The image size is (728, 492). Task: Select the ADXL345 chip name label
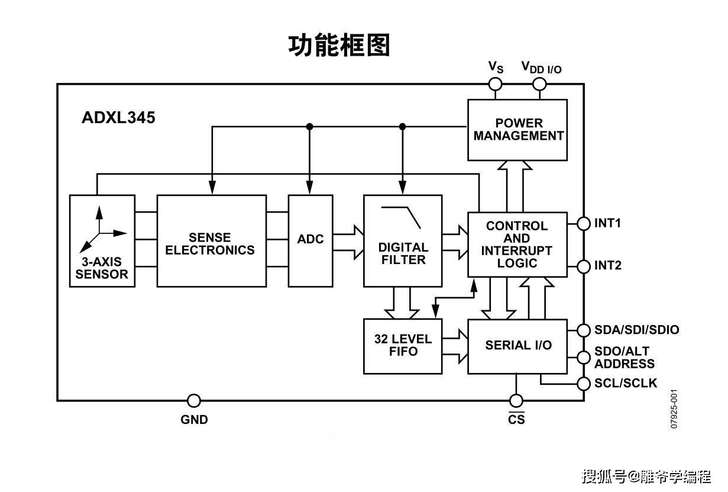(118, 118)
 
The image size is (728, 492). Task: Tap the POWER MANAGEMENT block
(517, 130)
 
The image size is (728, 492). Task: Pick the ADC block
(310, 240)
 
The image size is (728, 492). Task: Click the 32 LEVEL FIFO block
(402, 346)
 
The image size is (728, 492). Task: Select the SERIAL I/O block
(517, 346)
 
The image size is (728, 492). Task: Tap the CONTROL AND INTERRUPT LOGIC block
(517, 245)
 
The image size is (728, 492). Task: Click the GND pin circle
(193, 401)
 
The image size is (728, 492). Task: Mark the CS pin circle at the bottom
(516, 401)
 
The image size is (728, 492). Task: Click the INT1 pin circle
(584, 223)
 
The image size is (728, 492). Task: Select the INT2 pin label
(608, 266)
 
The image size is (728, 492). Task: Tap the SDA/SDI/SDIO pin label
(636, 330)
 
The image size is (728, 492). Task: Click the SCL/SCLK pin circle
(584, 384)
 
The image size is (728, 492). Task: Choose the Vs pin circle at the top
(495, 84)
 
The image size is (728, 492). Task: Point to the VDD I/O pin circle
(539, 84)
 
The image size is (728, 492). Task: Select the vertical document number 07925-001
(674, 409)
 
